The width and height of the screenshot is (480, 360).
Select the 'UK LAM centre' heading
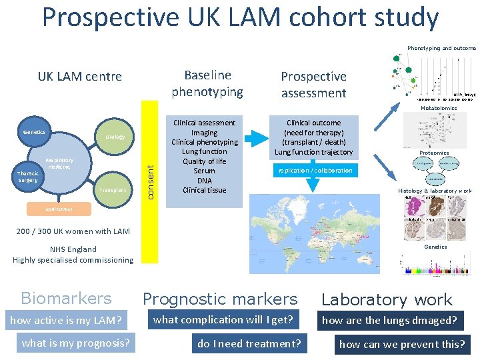pyautogui.click(x=79, y=76)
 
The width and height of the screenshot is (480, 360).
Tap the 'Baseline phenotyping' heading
pyautogui.click(x=207, y=83)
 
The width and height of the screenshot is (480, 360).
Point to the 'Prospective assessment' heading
pyautogui.click(x=313, y=85)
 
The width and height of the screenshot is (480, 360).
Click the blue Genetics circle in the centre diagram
pyautogui.click(x=34, y=132)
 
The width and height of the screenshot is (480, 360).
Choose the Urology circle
pyautogui.click(x=115, y=137)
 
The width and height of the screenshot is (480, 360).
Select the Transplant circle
pyautogui.click(x=112, y=190)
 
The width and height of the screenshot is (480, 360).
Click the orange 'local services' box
pyautogui.click(x=59, y=209)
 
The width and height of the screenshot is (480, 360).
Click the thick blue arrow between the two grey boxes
pyautogui.click(x=256, y=139)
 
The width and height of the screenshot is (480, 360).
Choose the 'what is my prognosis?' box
pyautogui.click(x=75, y=343)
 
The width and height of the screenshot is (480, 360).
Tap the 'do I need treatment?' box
pyautogui.click(x=249, y=344)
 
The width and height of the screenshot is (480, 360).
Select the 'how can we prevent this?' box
pyautogui.click(x=402, y=344)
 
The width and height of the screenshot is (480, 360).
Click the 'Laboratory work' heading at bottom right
pyautogui.click(x=387, y=300)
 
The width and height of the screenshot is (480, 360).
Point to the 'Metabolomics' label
pyautogui.click(x=438, y=107)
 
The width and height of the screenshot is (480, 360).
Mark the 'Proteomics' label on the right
pyautogui.click(x=434, y=153)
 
